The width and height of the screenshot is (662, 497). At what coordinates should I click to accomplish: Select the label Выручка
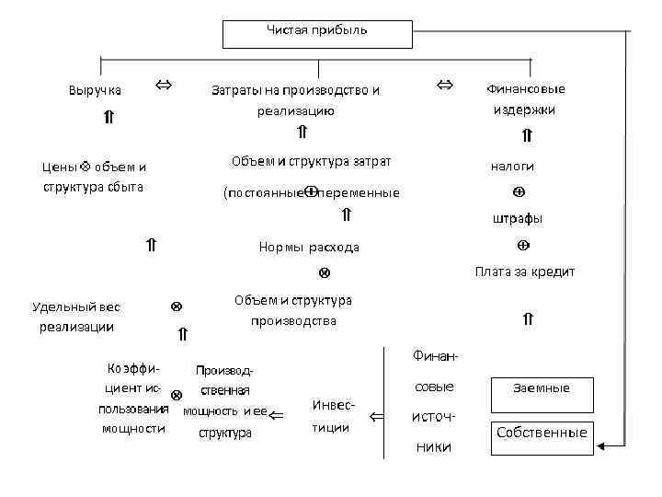point(95,90)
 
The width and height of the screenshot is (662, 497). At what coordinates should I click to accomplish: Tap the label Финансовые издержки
point(524,98)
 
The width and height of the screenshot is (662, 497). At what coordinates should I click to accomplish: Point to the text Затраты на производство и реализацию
point(295,100)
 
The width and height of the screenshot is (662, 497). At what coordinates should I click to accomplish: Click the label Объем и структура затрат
point(311,162)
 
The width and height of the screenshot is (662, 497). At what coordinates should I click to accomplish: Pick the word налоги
point(512,167)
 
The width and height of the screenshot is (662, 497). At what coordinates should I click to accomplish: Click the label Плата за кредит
point(524,271)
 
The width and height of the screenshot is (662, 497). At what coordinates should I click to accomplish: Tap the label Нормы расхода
point(309,247)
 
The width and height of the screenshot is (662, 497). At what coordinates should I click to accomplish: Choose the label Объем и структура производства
point(293,310)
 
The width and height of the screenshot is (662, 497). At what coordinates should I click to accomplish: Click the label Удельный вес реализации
point(76,317)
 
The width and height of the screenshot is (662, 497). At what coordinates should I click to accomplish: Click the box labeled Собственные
point(542,433)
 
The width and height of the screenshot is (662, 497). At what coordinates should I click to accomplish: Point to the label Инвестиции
point(331,416)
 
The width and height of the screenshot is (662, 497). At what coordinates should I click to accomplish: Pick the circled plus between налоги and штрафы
point(519,192)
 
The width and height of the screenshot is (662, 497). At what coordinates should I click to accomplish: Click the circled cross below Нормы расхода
point(324,273)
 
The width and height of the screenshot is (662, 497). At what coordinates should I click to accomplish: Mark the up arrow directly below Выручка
point(108,117)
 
